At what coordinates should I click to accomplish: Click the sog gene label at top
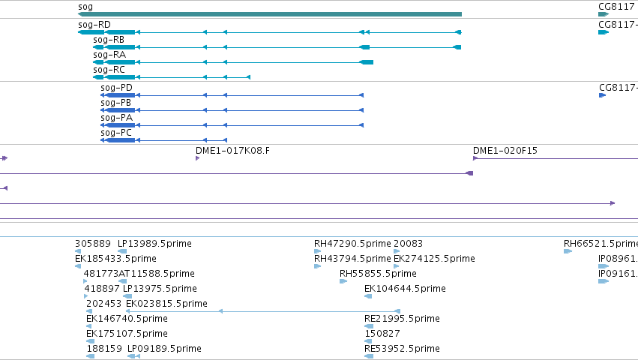(85, 7)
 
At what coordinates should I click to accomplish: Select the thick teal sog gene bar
(270, 14)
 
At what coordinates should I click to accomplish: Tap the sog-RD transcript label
(94, 25)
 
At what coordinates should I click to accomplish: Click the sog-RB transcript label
(109, 40)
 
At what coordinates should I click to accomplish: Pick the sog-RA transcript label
(109, 55)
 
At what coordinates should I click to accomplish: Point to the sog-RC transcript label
(109, 70)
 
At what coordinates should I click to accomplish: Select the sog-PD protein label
(116, 88)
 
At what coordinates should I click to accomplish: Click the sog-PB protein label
(116, 103)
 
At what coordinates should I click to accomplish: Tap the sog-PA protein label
(117, 118)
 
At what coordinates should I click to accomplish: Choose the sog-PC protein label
(116, 133)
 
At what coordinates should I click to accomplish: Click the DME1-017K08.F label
(232, 151)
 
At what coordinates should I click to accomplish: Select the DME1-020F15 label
(505, 151)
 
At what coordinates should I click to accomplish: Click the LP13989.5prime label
(154, 244)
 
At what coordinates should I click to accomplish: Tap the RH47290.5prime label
(352, 244)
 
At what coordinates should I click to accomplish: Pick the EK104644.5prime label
(405, 289)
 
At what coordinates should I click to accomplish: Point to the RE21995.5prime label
(402, 319)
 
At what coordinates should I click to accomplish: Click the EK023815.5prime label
(167, 304)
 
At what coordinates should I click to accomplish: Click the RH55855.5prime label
(378, 274)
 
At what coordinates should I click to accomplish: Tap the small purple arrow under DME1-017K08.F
(197, 158)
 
